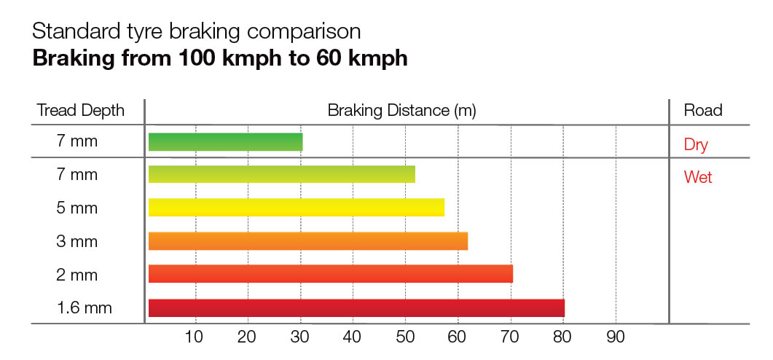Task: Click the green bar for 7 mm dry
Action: [x=225, y=142]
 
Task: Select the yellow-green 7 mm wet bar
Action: [x=281, y=175]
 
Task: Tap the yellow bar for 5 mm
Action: [x=296, y=208]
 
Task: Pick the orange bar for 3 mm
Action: [x=307, y=241]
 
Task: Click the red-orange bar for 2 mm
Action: [x=330, y=274]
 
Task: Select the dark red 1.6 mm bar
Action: [x=356, y=308]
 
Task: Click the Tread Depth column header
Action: [x=81, y=111]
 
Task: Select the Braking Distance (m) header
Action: [x=401, y=111]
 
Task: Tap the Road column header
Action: [x=702, y=111]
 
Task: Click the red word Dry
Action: [x=696, y=144]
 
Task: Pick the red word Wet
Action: [x=698, y=177]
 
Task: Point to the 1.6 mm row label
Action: [x=85, y=308]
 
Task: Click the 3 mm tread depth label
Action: [x=77, y=241]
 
